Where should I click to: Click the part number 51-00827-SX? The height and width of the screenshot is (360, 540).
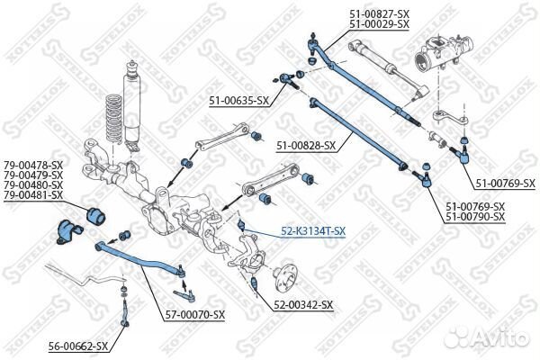379,14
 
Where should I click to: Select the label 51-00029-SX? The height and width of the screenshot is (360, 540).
379,24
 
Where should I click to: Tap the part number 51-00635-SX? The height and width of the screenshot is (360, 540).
238,101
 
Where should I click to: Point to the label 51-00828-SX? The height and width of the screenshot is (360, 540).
306,146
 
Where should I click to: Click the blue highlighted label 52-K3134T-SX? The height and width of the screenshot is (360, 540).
313,231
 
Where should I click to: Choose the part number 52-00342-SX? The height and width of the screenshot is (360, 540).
303,305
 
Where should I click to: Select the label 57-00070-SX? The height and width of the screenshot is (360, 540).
194,314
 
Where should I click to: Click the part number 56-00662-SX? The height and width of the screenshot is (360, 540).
78,346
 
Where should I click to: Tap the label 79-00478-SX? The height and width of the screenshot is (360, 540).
33,166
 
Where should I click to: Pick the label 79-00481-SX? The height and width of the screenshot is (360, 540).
33,195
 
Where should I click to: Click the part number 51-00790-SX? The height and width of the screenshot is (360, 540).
475,217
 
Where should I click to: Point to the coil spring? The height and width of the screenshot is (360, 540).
114,118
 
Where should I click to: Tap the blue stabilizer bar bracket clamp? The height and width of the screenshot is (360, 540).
68,231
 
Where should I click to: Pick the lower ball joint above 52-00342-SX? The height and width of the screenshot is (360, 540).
255,283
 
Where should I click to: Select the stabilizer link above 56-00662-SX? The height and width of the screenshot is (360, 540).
124,311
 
